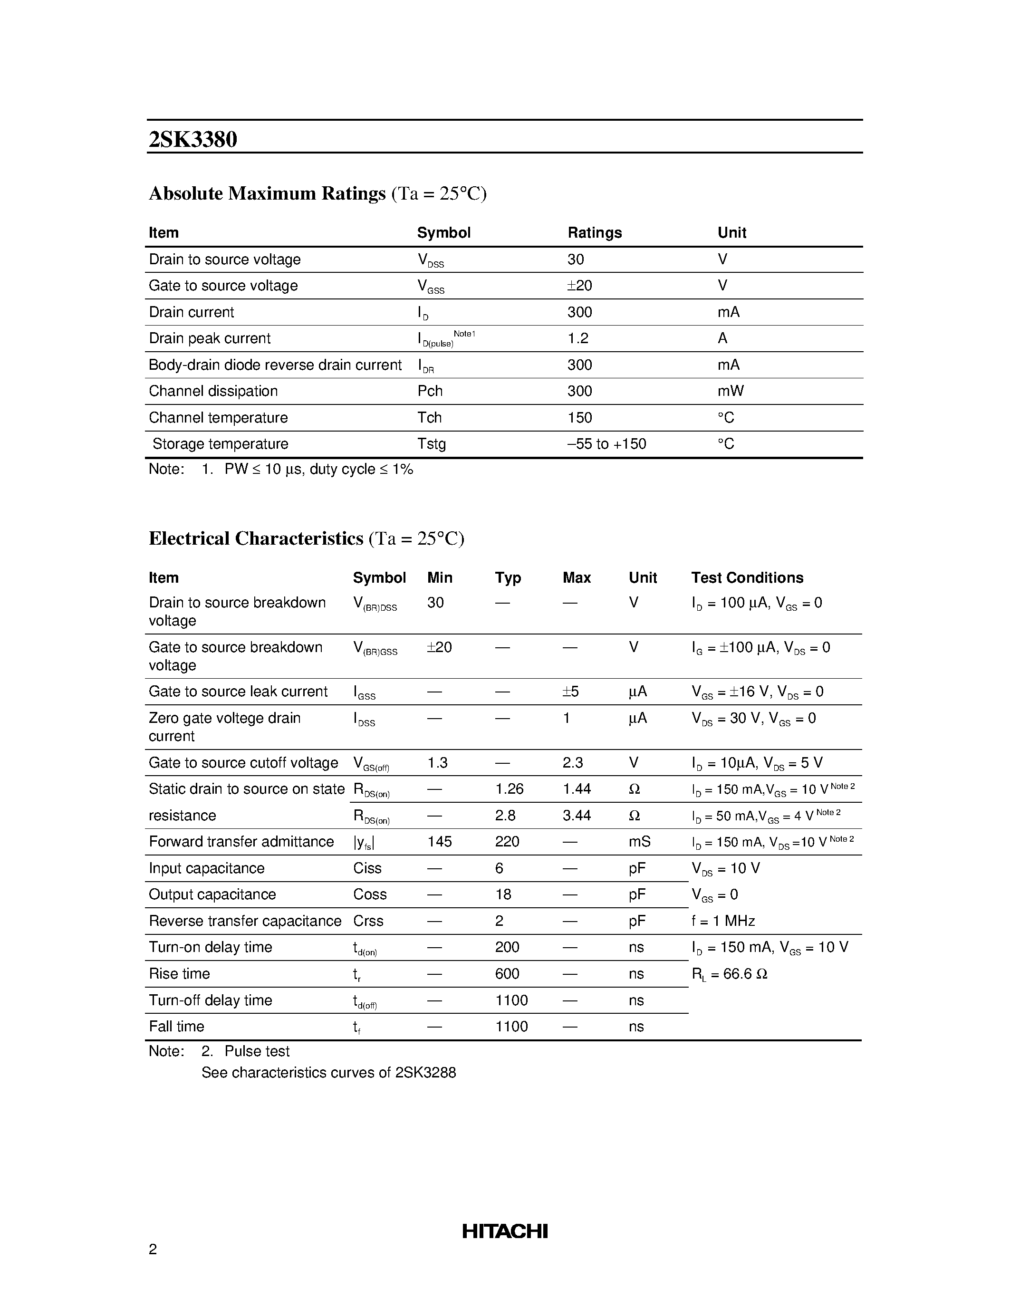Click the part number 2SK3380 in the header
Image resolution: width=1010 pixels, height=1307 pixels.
click(192, 139)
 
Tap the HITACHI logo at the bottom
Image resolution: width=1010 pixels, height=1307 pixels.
click(504, 1230)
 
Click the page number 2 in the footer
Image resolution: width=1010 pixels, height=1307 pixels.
click(153, 1249)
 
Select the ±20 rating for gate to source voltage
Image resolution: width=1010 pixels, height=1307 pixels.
click(579, 286)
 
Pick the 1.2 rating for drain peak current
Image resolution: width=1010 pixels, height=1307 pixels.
click(577, 338)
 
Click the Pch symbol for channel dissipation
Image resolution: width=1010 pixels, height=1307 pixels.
click(430, 391)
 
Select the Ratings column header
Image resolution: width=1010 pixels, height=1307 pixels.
click(594, 233)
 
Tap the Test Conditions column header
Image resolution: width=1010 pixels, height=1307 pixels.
click(747, 577)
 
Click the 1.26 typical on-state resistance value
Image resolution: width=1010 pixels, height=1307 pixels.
click(509, 789)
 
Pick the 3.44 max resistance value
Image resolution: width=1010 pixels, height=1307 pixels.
click(577, 815)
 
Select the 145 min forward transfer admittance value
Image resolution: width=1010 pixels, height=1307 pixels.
click(439, 841)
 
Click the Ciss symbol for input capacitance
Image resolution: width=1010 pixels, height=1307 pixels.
click(367, 868)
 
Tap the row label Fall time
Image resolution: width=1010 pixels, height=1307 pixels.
click(176, 1026)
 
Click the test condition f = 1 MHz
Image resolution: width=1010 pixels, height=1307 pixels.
click(723, 921)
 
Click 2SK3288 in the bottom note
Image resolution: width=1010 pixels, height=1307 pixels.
click(425, 1072)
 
